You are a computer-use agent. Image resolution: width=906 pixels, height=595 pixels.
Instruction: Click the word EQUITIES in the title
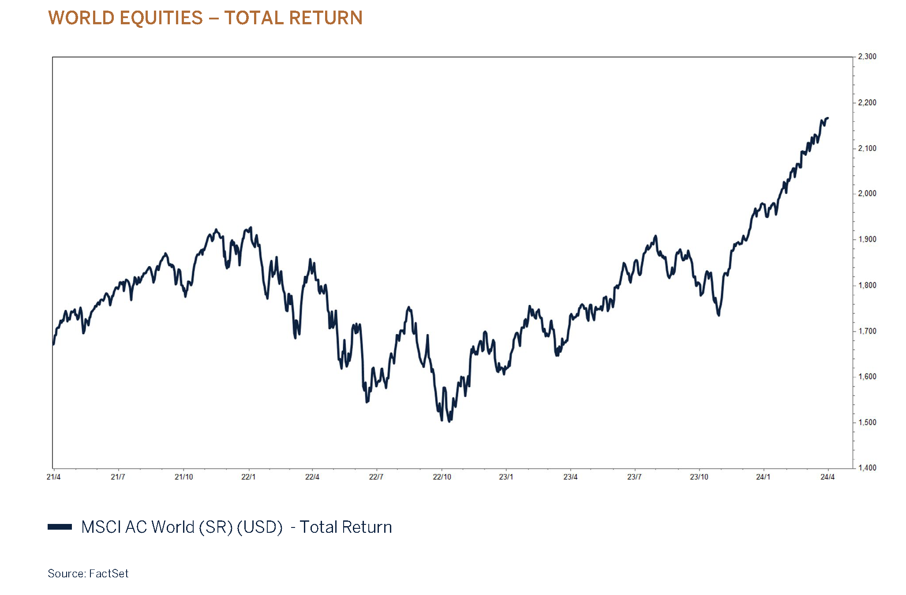click(x=161, y=18)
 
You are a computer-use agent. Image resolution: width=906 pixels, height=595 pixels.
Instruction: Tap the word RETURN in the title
click(x=326, y=18)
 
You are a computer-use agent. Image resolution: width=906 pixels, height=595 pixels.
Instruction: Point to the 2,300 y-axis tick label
click(x=867, y=56)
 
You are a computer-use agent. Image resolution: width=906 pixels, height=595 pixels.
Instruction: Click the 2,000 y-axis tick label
click(x=867, y=193)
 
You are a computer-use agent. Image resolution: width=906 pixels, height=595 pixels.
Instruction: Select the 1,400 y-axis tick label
click(x=867, y=467)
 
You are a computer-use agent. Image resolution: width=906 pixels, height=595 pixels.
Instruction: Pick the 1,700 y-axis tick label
click(x=867, y=331)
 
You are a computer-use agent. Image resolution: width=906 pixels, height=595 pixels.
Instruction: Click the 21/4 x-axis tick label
click(x=53, y=477)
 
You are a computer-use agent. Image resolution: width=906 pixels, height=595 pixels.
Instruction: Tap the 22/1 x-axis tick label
click(x=248, y=477)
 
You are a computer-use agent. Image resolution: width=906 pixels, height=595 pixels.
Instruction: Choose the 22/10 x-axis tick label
click(x=442, y=477)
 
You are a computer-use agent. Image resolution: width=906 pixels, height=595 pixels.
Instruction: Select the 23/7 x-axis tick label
click(x=634, y=477)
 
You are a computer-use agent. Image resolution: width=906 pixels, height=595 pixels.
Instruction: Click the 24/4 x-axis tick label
click(x=827, y=477)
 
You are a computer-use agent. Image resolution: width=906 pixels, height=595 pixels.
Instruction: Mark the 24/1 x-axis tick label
click(x=763, y=477)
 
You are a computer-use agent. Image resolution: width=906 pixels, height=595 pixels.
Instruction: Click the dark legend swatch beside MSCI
click(x=60, y=527)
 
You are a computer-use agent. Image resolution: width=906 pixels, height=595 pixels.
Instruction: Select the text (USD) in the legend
click(x=259, y=527)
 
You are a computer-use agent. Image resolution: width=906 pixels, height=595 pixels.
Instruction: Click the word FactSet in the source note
click(x=109, y=573)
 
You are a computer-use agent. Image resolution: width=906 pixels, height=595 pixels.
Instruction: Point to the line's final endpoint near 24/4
click(x=828, y=118)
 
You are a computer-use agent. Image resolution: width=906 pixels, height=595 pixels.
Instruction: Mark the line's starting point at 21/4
click(x=53, y=344)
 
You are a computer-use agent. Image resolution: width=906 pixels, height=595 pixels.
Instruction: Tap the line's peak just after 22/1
click(x=251, y=228)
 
